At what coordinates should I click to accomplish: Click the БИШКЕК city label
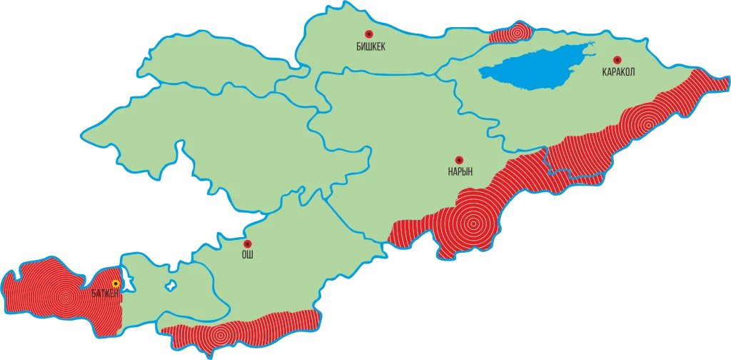point(370,46)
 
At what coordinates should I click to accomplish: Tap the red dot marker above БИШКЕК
point(369,34)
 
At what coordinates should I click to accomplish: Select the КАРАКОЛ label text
point(618,72)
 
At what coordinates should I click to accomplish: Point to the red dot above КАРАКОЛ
point(617,60)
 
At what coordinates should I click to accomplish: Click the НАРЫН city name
point(460,171)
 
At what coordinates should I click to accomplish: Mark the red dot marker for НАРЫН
point(460,159)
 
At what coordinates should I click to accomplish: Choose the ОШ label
point(247,254)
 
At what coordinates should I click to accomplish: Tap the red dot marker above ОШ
point(247,244)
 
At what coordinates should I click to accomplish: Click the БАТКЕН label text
point(104,293)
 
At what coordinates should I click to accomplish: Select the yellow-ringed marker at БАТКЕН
point(116,284)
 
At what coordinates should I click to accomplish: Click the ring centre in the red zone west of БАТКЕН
point(66,297)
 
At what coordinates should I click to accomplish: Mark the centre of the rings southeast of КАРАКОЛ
point(647,124)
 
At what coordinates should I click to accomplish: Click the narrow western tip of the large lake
point(483,71)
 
